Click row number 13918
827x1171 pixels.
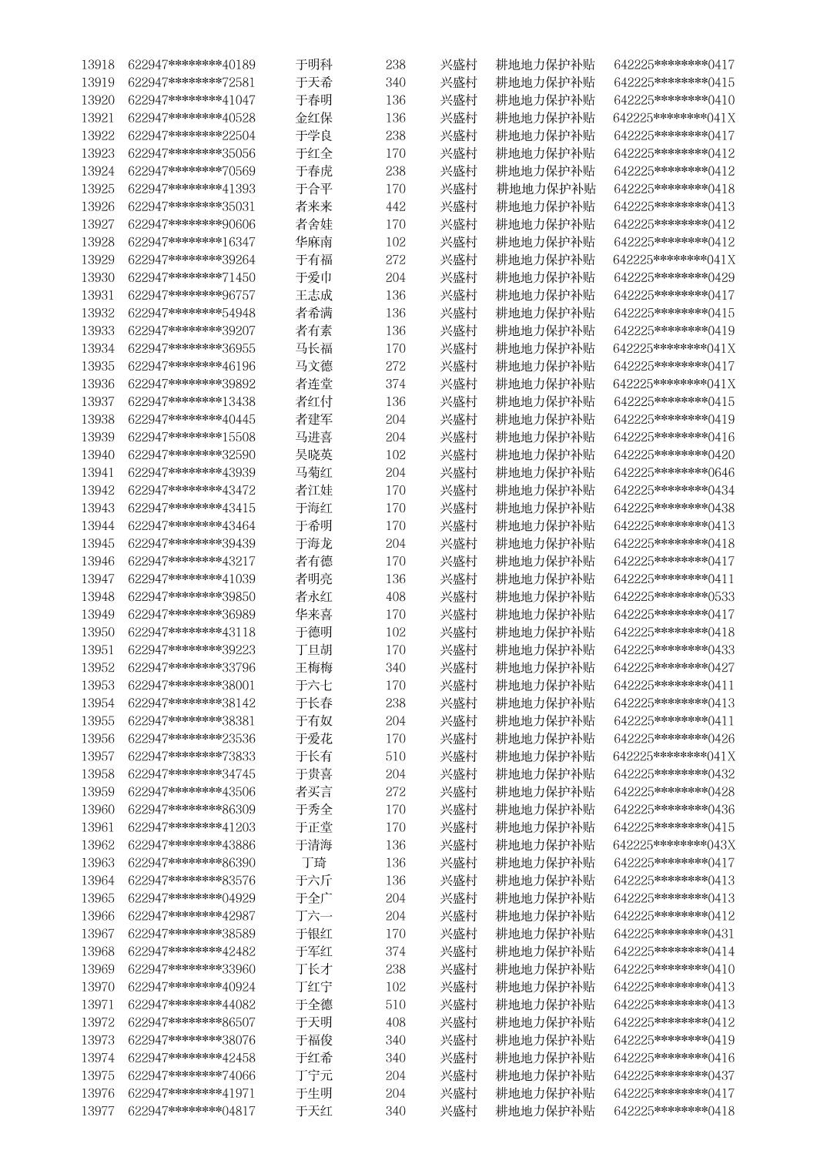click(x=98, y=65)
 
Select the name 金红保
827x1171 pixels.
click(x=314, y=118)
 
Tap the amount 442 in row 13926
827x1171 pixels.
click(x=395, y=206)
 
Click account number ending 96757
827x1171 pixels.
click(x=191, y=295)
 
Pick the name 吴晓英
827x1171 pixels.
click(x=314, y=455)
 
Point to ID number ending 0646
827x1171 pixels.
click(x=674, y=472)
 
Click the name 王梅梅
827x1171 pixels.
click(x=314, y=667)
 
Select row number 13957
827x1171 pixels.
click(x=98, y=757)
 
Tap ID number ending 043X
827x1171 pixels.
click(x=674, y=845)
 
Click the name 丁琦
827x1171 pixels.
click(x=314, y=863)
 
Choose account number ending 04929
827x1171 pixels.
click(x=191, y=898)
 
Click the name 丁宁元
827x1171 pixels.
click(x=314, y=1075)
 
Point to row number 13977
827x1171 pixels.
click(x=98, y=1111)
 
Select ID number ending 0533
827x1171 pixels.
click(x=674, y=596)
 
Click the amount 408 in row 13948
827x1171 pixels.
click(x=395, y=596)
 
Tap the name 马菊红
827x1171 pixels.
click(x=314, y=472)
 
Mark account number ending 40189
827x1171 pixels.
click(x=191, y=65)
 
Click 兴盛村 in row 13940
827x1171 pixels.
click(x=458, y=455)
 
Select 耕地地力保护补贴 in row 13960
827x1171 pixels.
click(x=545, y=810)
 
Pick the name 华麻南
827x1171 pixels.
click(x=314, y=242)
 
